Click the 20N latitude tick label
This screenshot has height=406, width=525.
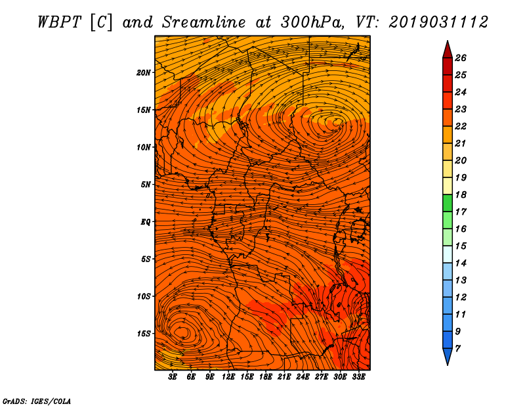(x=144, y=73)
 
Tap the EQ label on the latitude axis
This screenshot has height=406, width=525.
(x=145, y=222)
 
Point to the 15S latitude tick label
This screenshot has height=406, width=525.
(x=144, y=334)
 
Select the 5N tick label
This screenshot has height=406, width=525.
(x=146, y=185)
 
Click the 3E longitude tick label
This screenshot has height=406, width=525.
(x=173, y=377)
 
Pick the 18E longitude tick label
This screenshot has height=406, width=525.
(x=266, y=377)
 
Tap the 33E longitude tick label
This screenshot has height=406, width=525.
(x=358, y=377)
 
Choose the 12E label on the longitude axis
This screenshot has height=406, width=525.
(x=228, y=377)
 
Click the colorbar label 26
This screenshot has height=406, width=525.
(x=461, y=58)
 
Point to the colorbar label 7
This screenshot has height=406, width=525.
(x=458, y=349)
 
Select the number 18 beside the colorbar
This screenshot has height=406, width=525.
(x=461, y=194)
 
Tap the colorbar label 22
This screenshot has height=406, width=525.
(x=461, y=126)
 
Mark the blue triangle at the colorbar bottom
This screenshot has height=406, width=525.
(x=448, y=355)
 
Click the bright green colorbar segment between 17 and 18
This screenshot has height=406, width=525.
(x=448, y=203)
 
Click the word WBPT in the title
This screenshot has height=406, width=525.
(x=59, y=22)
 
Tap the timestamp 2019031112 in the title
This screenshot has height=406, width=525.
(x=438, y=22)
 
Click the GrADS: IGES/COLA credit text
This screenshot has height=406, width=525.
(x=37, y=401)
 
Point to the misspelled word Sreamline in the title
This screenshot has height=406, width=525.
(x=204, y=22)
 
